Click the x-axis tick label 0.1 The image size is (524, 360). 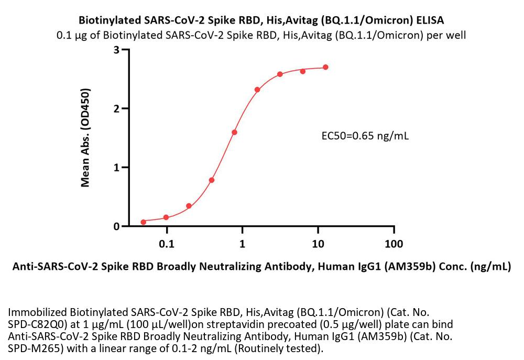pos(167,244)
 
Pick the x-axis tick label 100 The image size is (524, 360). pos(394,244)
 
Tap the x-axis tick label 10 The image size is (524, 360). pos(318,244)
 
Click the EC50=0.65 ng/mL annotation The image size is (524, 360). pos(365,137)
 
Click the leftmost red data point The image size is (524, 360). pos(144,222)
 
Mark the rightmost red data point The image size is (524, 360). pos(325,67)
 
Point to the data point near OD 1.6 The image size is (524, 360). pos(234,132)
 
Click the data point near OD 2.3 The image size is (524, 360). pos(257,90)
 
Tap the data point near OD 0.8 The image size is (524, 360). pos(212,180)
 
